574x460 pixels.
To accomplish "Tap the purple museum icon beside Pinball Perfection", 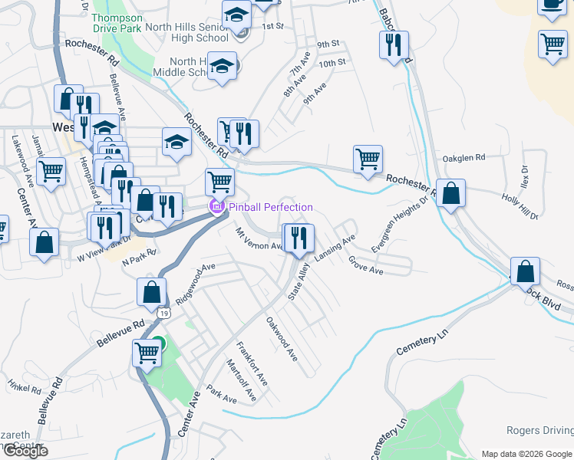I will pos(216,206).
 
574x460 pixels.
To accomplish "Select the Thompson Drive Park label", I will pos(117,23).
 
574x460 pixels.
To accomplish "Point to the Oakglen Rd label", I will pos(464,158).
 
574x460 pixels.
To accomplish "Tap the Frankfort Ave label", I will pos(252,363).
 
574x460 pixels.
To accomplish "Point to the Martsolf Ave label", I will pos(241,380).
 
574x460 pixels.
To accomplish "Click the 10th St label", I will pos(333,62).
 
